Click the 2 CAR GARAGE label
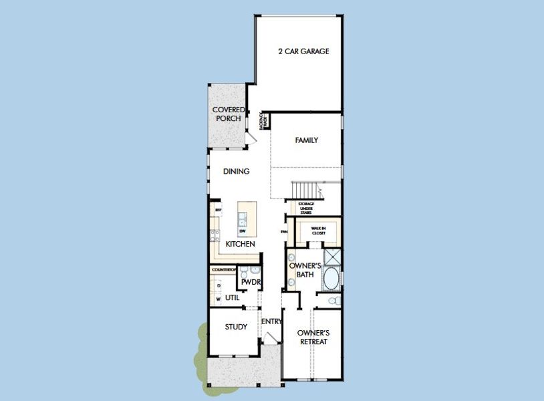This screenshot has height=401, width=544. coord(303,51)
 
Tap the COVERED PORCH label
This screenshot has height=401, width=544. coord(228,114)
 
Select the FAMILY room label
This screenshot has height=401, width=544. coord(306,140)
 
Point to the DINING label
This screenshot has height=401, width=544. coord(236,172)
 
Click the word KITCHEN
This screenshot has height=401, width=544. coord(240,245)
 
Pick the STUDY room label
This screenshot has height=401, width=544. coord(236,327)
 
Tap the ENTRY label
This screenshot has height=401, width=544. coord(271,321)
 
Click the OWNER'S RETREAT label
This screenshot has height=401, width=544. coord(313,337)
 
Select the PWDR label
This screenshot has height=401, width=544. coord(251,283)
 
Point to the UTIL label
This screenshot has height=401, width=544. coord(232,297)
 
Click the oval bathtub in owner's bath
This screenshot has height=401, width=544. coord(331,279)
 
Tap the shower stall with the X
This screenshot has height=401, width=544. coord(332,257)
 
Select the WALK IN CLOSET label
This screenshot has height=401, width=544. coord(318,231)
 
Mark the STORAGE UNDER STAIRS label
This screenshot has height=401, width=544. coord(306,208)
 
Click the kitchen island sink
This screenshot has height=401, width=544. coord(242,218)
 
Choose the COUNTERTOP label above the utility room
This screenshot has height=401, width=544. coord(223,269)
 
